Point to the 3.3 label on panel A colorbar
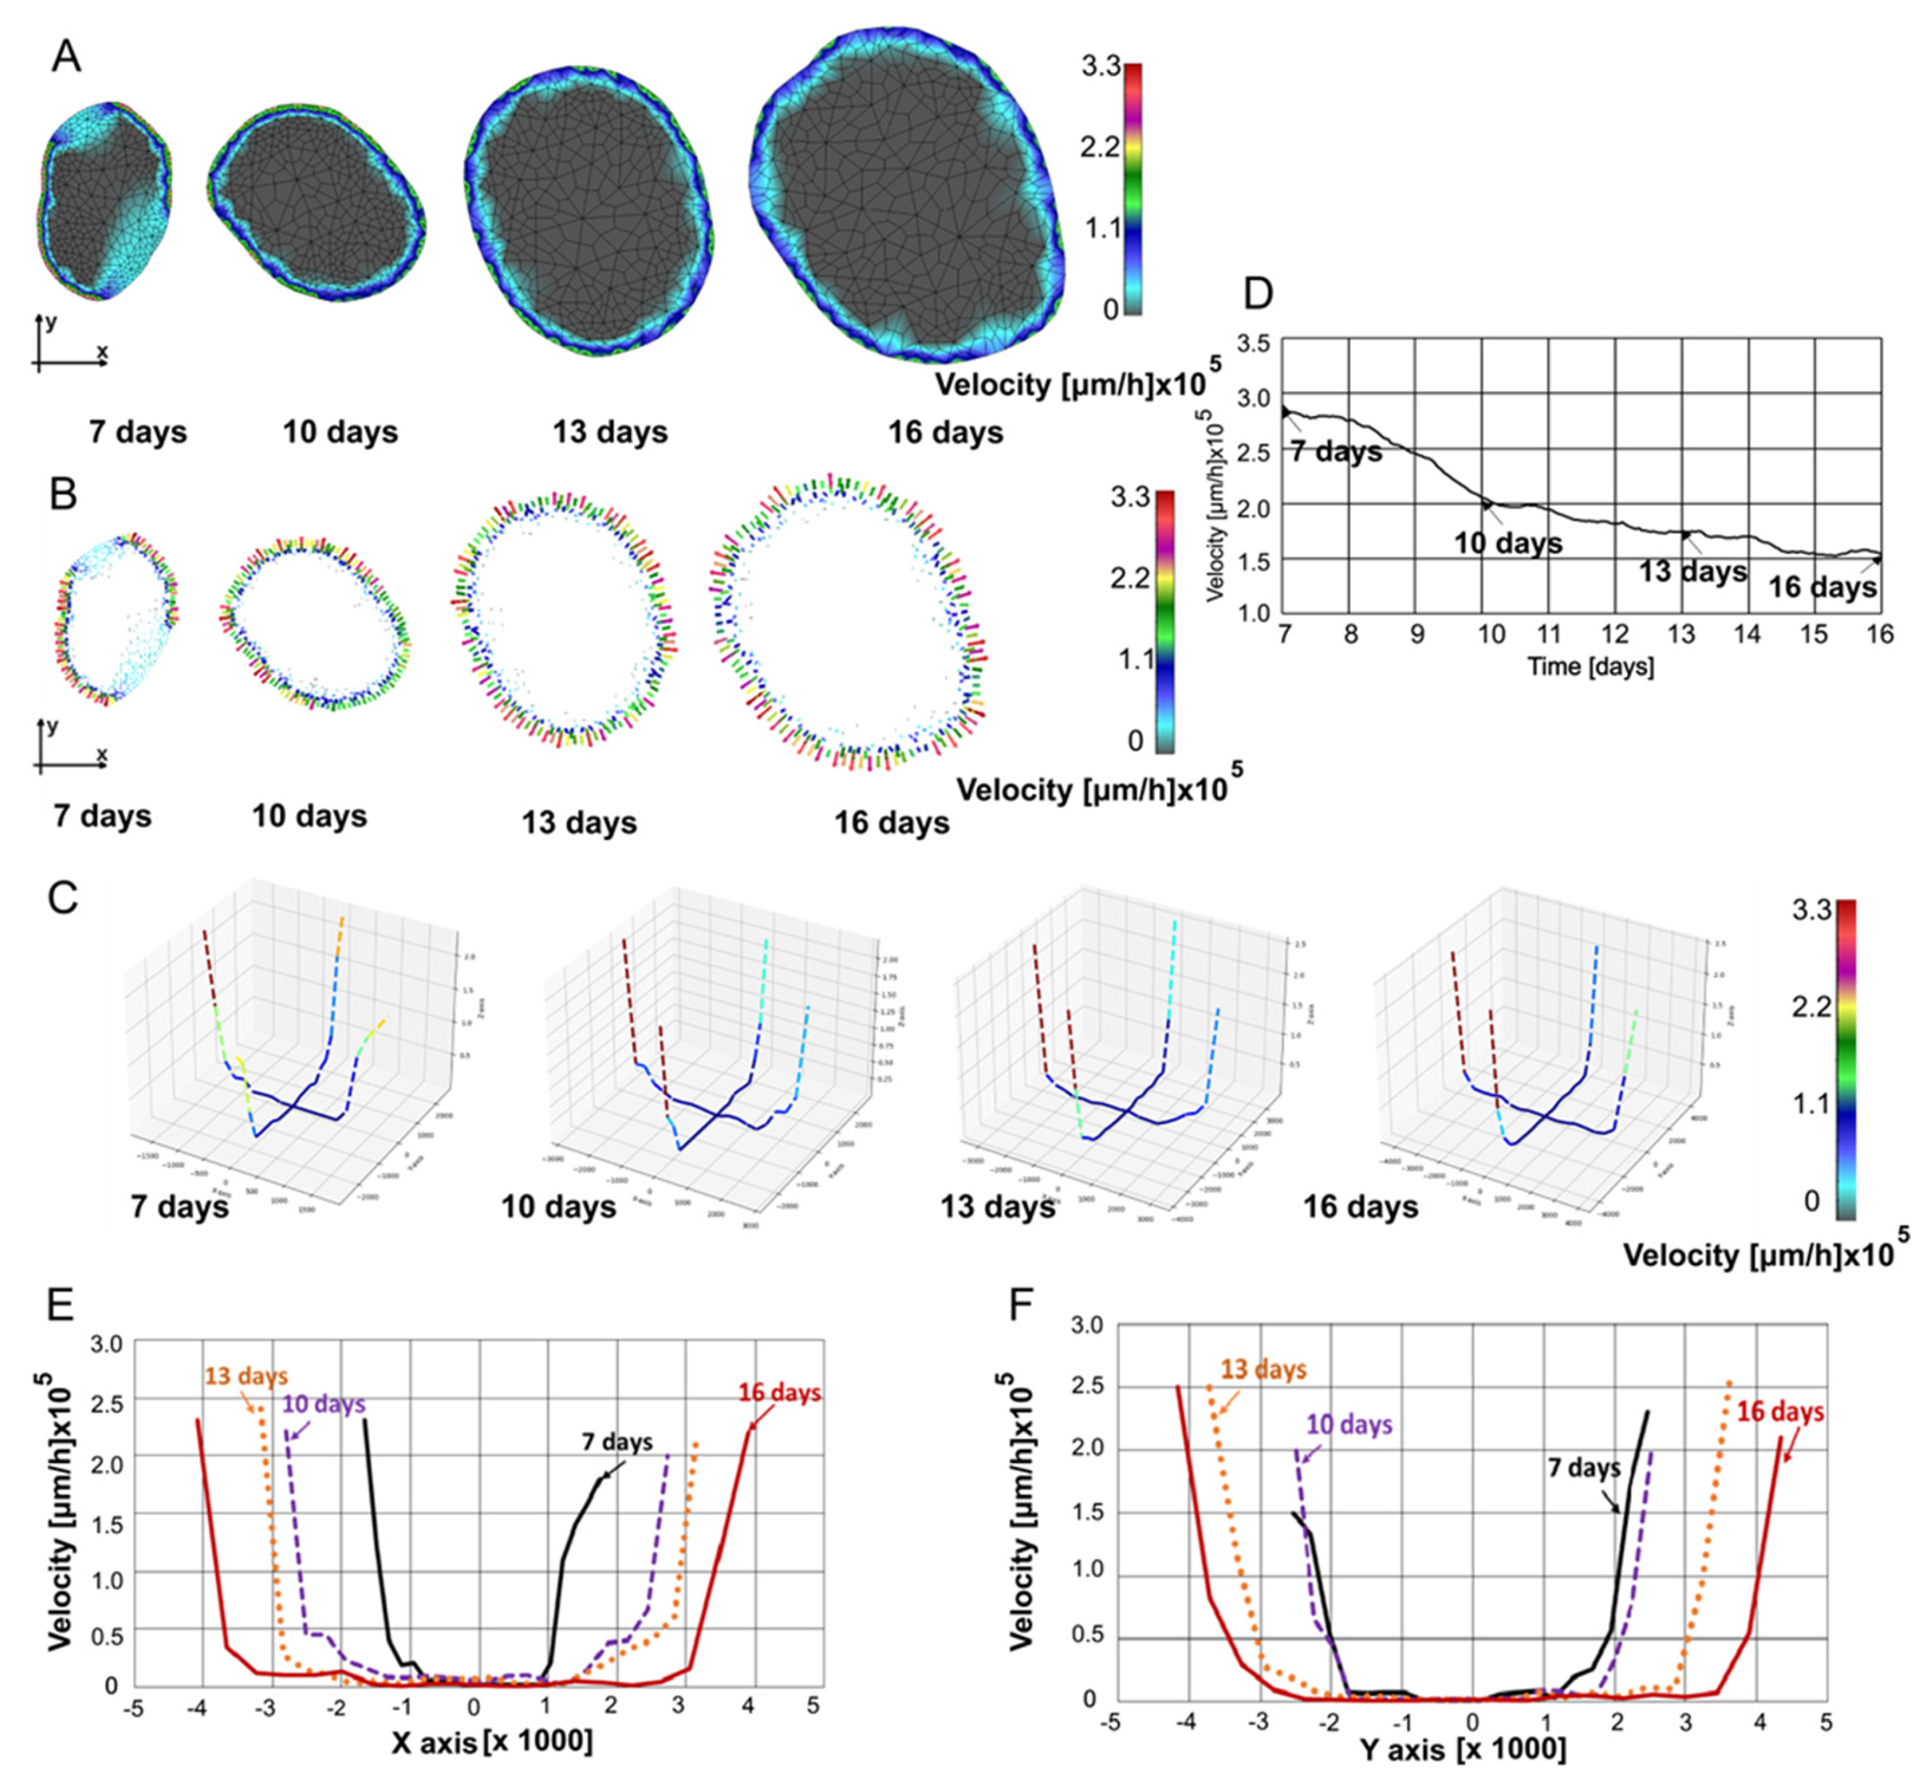[1100, 67]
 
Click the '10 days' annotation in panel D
[1507, 543]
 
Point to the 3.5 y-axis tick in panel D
[1254, 344]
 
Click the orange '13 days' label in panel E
[246, 1376]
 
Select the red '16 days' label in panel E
[780, 1393]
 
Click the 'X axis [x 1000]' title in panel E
[492, 1741]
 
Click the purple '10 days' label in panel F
[1349, 1424]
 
